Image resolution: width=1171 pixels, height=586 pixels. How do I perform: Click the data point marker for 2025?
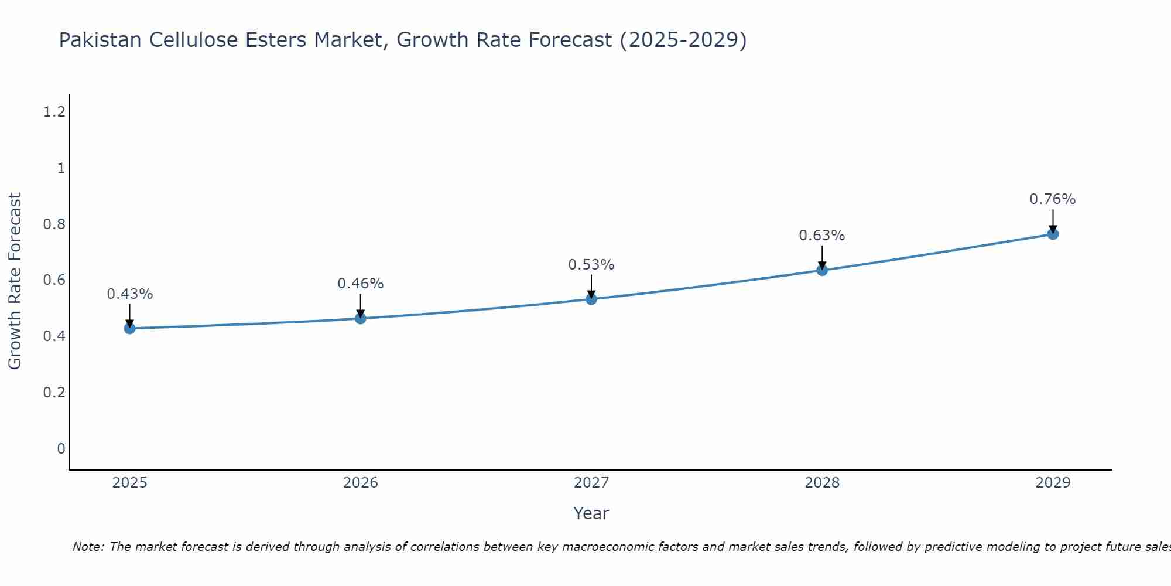coord(130,328)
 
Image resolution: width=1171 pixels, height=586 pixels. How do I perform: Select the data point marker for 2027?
coord(591,299)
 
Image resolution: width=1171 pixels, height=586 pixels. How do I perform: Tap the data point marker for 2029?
coord(1053,234)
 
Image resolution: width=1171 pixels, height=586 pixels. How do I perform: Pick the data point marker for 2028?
coord(822,270)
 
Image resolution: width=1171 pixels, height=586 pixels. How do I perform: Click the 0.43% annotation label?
coord(130,294)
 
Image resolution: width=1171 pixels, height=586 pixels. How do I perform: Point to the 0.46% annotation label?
coord(361,284)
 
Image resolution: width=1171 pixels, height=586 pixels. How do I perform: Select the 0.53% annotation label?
coord(591,265)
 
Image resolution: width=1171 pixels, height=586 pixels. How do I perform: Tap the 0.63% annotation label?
coord(822,236)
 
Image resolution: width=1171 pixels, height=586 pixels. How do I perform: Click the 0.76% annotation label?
coord(1053,199)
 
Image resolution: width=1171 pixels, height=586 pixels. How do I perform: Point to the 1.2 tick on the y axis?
coord(54,112)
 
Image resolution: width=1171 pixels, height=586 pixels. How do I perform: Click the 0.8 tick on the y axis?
coord(54,224)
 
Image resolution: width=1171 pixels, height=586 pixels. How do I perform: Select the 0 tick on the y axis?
coord(61,449)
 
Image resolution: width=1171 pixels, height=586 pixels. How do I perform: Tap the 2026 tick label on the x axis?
coord(361,483)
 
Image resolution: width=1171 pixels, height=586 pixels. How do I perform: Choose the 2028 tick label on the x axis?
coord(822,483)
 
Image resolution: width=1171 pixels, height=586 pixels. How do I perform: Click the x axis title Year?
coord(591,513)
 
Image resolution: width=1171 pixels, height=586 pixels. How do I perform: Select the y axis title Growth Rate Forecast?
coord(15,281)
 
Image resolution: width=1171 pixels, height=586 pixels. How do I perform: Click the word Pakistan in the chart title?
coord(100,40)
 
